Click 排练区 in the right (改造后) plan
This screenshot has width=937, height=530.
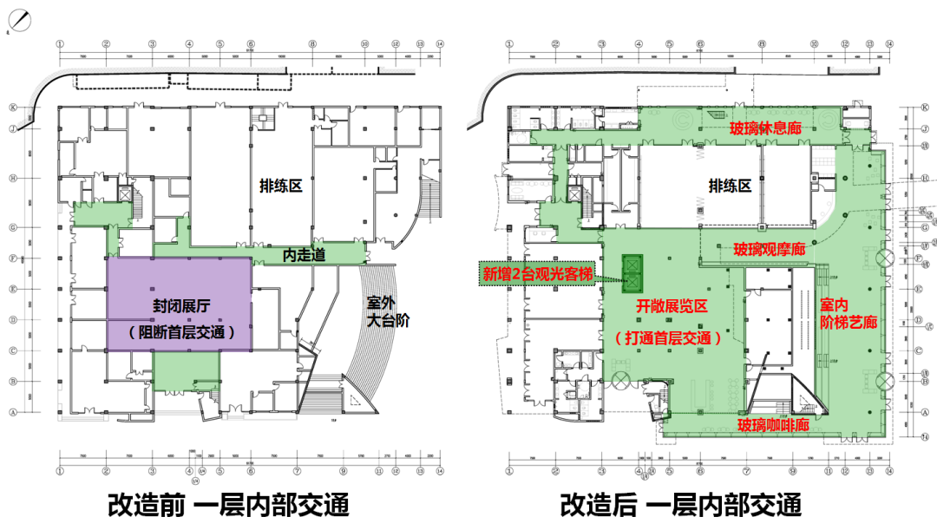[x=730, y=186]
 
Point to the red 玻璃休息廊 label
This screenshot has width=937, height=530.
[x=765, y=129]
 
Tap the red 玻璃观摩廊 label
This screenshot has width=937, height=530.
[x=770, y=249]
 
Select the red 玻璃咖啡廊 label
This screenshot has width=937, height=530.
[x=774, y=425]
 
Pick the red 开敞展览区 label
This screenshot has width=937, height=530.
[x=673, y=306]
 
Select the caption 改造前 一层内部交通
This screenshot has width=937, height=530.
[x=228, y=504]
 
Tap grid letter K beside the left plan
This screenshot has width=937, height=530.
[x=13, y=108]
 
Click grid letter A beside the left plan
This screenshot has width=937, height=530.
[x=13, y=413]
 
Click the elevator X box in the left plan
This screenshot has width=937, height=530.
[x=125, y=195]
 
